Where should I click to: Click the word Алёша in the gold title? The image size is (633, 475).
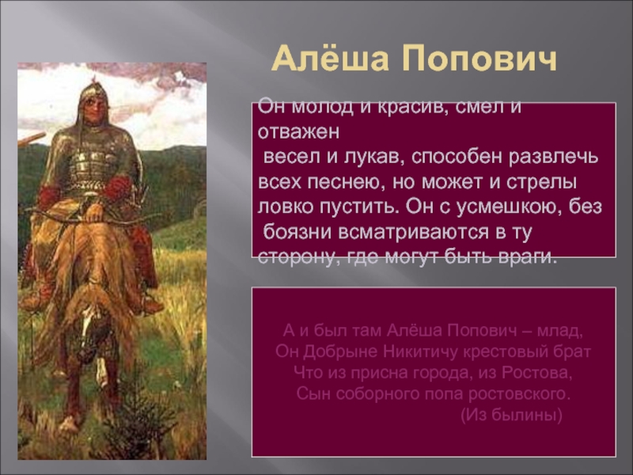[330, 58]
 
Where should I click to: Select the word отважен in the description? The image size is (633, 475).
[299, 131]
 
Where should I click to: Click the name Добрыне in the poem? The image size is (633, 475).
[340, 351]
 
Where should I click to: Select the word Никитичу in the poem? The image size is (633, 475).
[420, 351]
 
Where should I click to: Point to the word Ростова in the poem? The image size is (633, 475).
[537, 372]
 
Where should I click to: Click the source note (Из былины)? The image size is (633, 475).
[511, 414]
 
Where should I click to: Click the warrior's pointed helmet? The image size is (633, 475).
[94, 92]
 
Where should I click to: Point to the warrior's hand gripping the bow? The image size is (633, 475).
[94, 212]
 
